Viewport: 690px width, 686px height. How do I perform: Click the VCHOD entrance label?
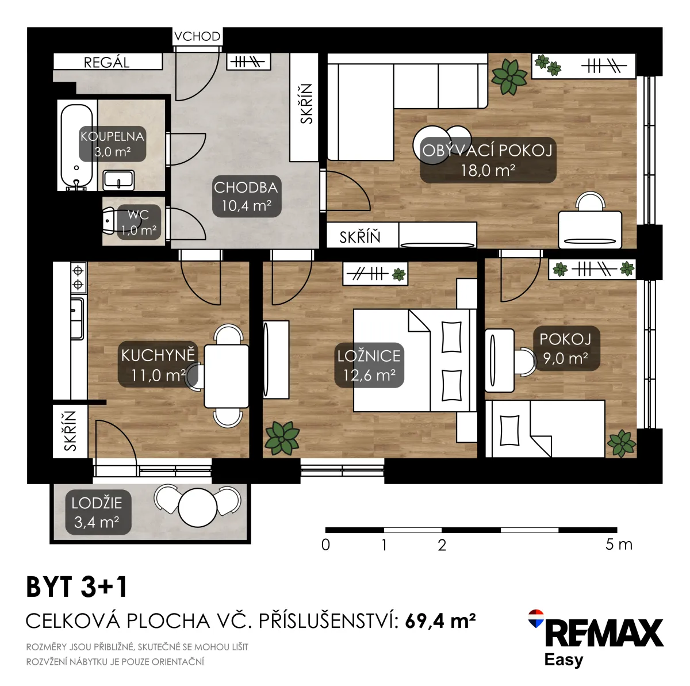tap(197, 36)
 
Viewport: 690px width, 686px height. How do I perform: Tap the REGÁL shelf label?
tap(107, 62)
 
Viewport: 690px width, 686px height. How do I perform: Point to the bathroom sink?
tap(118, 180)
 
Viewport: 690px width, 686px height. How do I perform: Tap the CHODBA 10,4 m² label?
tap(247, 196)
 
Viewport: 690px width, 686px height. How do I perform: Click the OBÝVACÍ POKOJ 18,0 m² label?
tap(488, 160)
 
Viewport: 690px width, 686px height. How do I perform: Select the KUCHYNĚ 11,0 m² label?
tap(158, 365)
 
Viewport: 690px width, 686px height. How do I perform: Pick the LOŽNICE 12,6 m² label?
tap(369, 365)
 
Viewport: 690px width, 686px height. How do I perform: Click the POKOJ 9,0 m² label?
tap(565, 348)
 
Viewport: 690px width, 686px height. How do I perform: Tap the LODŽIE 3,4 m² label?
tap(97, 512)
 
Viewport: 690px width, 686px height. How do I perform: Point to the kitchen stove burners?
tap(78, 277)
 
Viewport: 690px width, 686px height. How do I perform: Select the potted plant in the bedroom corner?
tap(282, 437)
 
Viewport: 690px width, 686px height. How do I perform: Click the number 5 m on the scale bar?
tap(618, 545)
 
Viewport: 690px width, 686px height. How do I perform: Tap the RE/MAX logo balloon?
tap(536, 618)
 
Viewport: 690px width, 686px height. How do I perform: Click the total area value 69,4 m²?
tap(440, 621)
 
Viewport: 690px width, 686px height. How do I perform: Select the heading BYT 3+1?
tap(76, 587)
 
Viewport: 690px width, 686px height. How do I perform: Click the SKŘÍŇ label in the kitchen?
tap(70, 431)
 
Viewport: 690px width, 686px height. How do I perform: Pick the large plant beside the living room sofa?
tap(509, 76)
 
